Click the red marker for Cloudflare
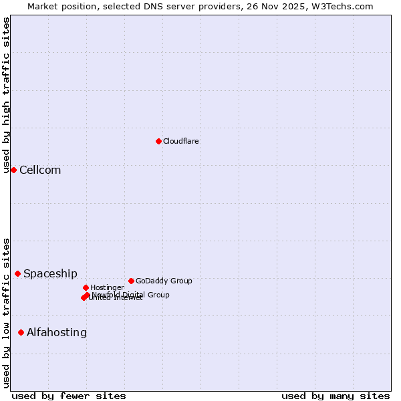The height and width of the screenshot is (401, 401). [x=158, y=141]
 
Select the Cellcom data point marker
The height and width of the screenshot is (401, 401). [x=13, y=170]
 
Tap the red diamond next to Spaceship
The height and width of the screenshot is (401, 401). [x=17, y=273]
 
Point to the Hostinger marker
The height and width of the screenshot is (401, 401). [x=86, y=287]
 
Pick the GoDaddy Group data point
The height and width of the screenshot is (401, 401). [x=131, y=281]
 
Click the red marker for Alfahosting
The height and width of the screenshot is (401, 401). [x=21, y=332]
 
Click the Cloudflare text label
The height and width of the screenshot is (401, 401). [x=181, y=141]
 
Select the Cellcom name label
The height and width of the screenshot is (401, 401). [x=40, y=170]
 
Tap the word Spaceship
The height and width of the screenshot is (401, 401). [x=50, y=273]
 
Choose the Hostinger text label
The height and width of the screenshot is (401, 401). [x=107, y=287]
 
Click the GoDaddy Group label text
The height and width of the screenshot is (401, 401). [x=164, y=281]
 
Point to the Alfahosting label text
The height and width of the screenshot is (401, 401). [x=57, y=332]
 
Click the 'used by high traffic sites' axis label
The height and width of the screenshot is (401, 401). [x=6, y=95]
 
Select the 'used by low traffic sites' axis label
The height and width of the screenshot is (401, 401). [x=6, y=313]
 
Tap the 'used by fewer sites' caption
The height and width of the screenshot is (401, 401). [x=69, y=396]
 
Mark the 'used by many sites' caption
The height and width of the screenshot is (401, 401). [x=336, y=396]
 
